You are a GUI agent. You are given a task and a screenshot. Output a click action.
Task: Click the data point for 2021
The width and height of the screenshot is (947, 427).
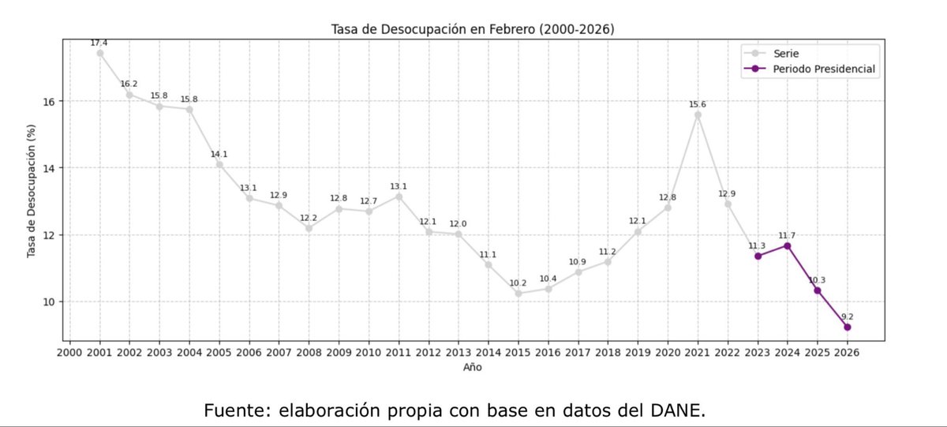tap(698, 114)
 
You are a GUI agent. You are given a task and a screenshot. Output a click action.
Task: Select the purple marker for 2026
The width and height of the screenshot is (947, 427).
tap(847, 327)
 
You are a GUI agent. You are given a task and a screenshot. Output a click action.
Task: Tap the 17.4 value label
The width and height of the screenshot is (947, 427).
tap(100, 43)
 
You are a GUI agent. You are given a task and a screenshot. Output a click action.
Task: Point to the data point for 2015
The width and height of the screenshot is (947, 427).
tap(518, 294)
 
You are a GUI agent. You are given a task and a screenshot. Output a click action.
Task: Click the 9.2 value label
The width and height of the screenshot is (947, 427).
tap(847, 317)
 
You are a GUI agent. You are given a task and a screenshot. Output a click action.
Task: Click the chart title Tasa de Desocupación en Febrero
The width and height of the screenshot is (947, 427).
tap(472, 29)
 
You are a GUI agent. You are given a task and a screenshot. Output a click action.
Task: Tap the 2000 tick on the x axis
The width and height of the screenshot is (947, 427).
tap(70, 352)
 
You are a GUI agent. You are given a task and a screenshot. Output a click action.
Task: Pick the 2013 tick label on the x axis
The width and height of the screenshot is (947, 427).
tap(459, 352)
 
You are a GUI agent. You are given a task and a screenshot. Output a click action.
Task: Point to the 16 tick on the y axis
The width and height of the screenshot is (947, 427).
tap(48, 102)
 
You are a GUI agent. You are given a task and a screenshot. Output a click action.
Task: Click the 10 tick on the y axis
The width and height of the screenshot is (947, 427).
tap(48, 302)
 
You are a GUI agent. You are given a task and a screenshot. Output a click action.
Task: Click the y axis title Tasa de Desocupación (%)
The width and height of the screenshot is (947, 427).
tap(32, 190)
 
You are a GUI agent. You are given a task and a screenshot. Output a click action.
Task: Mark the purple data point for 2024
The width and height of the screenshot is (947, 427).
tap(787, 245)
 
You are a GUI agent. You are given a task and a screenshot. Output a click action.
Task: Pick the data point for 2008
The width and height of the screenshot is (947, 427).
tap(309, 228)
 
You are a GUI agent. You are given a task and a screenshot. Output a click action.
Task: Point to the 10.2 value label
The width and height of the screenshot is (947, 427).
tap(518, 283)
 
